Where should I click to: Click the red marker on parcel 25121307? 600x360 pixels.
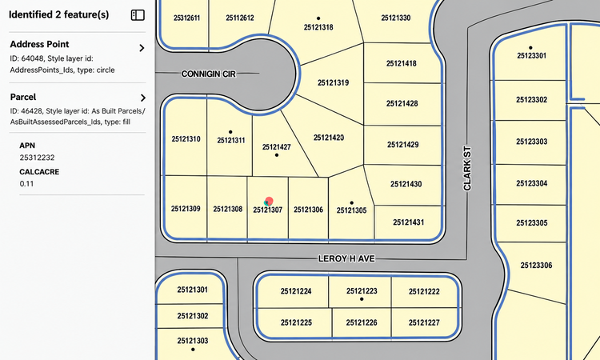point(269,201)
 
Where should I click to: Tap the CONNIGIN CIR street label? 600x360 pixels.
point(209,74)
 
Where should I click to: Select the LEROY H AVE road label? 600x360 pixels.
point(346,258)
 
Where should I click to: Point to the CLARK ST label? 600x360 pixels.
point(467,168)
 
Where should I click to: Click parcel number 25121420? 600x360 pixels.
point(329,138)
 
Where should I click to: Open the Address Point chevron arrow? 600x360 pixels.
point(142,48)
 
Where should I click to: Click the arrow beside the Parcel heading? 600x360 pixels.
point(143,98)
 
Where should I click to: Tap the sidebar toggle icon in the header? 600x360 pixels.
point(138,15)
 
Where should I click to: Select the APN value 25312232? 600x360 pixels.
point(37,158)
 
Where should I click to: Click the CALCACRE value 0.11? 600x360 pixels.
point(26,184)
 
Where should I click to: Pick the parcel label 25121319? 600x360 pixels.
point(334,82)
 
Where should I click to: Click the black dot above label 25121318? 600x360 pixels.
point(318,18)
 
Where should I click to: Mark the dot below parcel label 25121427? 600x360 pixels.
point(277,155)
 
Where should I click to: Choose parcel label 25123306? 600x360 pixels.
point(536,265)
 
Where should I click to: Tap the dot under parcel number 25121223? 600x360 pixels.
point(362,299)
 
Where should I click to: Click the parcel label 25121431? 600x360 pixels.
point(408,222)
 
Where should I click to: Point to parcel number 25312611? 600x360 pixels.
point(186,18)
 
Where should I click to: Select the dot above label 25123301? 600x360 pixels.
point(530,48)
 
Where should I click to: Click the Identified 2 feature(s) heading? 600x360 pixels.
point(59,14)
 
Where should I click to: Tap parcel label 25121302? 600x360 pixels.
point(193,316)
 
